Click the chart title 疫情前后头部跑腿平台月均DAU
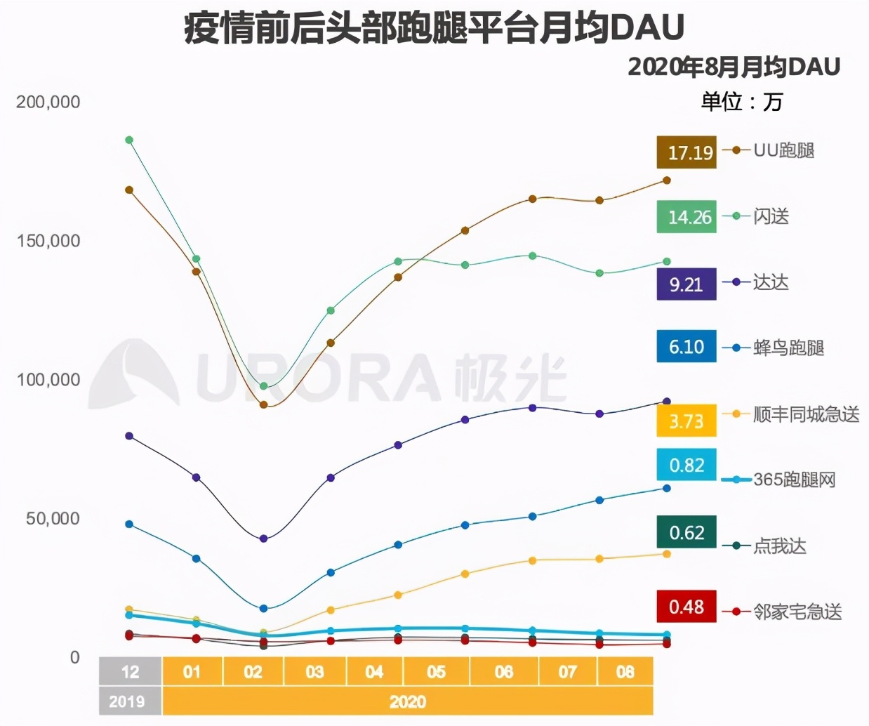pos(434,28)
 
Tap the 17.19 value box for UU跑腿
pos(686,152)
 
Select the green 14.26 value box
pos(686,217)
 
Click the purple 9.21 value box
pos(686,284)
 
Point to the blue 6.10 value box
pos(686,346)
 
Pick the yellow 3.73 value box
pos(686,421)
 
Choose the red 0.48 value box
pos(686,607)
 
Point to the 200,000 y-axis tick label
pos(48,102)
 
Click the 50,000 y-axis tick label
pos(53,519)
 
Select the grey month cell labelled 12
pos(130,672)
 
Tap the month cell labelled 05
pos(436,672)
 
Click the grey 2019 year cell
pos(127,701)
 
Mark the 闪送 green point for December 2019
pos(129,140)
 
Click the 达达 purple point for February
pos(263,539)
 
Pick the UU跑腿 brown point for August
pos(667,180)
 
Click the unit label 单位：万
pos(741,103)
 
